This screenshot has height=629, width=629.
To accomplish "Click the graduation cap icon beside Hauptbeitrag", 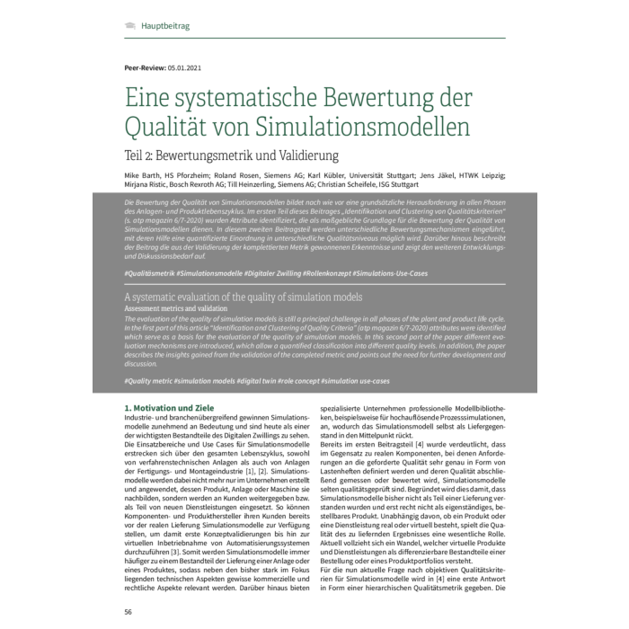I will (x=130, y=26).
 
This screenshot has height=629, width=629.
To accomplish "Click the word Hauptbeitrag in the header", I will (x=164, y=26).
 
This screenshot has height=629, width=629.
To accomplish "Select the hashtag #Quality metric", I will (x=153, y=382).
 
